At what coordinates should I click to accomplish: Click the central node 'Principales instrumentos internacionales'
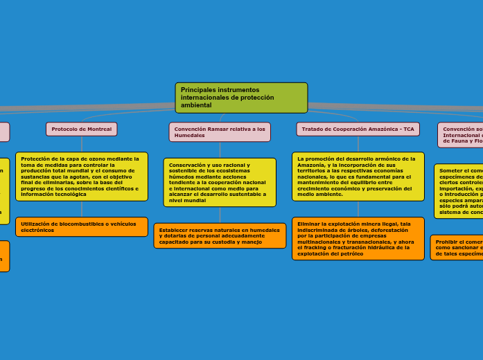click(241, 98)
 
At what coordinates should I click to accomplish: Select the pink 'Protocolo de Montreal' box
click(82, 129)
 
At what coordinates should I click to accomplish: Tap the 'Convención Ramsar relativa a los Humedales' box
click(220, 132)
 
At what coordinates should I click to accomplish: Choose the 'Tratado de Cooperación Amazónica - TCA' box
click(358, 129)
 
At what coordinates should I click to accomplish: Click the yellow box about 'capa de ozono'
click(82, 177)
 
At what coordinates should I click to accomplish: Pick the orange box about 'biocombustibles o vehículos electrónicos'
click(82, 227)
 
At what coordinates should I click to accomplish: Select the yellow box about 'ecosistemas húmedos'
click(220, 182)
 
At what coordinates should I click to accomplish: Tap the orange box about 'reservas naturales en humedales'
click(220, 236)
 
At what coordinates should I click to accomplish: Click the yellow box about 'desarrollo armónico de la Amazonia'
click(358, 177)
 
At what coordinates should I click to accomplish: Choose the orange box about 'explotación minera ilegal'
click(358, 239)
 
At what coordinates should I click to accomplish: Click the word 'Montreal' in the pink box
click(100, 129)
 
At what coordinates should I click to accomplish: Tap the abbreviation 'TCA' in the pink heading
click(408, 129)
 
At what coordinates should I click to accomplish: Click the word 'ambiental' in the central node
click(196, 105)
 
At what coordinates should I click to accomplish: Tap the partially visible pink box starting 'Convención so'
click(461, 135)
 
